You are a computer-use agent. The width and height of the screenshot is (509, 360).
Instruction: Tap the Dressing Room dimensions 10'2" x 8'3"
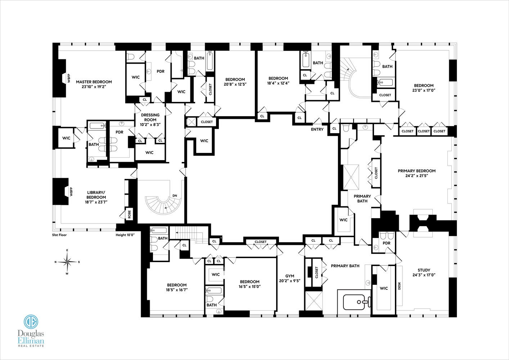coord(150,125)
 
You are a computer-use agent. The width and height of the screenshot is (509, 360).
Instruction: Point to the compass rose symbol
coord(67,262)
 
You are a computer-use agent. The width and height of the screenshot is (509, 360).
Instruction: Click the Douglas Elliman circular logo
coord(31,321)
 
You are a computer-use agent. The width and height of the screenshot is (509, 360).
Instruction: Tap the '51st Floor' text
coord(59,235)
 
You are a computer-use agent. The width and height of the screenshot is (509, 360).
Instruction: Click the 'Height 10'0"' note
coord(125,235)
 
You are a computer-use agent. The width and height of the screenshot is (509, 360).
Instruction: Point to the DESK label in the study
coord(399,286)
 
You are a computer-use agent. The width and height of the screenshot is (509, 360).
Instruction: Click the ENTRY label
coord(317,129)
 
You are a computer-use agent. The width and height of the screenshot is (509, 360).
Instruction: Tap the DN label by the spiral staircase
coord(175,195)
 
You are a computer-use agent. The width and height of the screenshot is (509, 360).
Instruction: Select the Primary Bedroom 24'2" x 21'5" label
coord(416,173)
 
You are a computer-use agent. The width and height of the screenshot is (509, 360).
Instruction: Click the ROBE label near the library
coord(130,214)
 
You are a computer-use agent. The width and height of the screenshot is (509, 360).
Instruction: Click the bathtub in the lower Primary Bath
coord(356,302)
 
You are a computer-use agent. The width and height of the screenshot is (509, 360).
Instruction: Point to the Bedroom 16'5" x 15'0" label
coord(249,284)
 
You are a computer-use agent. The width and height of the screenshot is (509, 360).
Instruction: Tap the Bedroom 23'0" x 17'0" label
coord(424,88)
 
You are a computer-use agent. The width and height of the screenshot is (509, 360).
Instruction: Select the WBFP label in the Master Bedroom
coord(69,78)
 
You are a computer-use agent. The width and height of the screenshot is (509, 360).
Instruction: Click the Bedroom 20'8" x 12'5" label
coord(235,82)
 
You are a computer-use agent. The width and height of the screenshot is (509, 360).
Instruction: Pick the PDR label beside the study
coord(386,243)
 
